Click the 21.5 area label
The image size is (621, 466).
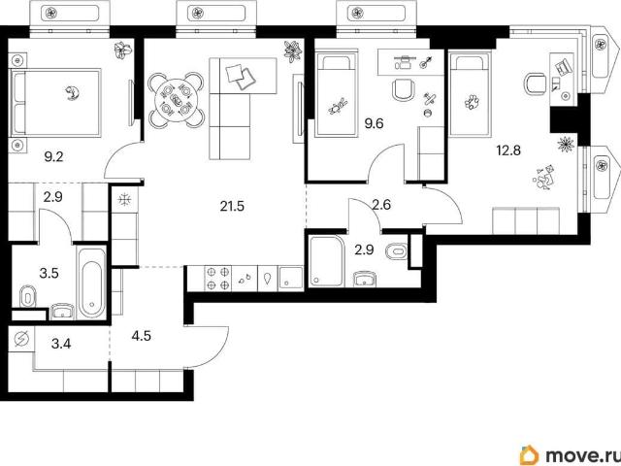(x=232, y=207)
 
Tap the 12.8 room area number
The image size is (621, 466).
(x=508, y=150)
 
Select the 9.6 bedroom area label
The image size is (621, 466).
(x=374, y=123)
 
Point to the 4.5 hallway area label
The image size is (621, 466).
(x=142, y=336)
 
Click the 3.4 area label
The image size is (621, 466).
(x=61, y=343)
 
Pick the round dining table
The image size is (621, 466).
(x=177, y=100)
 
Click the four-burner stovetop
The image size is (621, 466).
(x=217, y=279)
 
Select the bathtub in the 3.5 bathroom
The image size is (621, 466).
(x=92, y=283)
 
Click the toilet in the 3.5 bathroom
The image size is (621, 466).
(x=28, y=296)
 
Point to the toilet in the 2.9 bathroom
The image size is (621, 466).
(x=397, y=251)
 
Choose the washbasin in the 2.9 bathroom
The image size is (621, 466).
(x=365, y=279)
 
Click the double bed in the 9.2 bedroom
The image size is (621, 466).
(x=55, y=103)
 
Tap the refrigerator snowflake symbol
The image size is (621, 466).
(x=124, y=199)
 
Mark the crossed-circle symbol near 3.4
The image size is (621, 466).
(x=21, y=339)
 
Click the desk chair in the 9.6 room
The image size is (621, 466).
(x=404, y=90)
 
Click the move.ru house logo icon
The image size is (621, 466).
(x=530, y=454)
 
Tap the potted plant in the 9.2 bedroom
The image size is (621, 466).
(x=122, y=50)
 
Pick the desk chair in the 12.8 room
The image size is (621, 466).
(x=536, y=83)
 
